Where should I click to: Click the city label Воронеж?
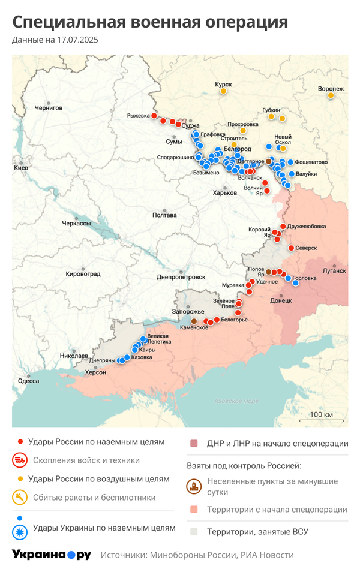click(x=331, y=89)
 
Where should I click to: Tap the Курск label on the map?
click(x=223, y=85)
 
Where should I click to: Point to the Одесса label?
click(x=28, y=381)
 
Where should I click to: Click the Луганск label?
click(x=334, y=270)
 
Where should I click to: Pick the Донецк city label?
click(x=281, y=300)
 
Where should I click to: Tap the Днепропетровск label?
click(x=181, y=278)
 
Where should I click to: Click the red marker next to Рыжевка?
click(x=154, y=116)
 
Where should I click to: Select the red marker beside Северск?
click(x=291, y=248)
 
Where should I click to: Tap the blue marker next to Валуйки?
click(x=292, y=174)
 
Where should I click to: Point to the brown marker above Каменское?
click(x=194, y=321)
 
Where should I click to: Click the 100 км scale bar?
click(x=321, y=419)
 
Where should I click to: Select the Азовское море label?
click(x=236, y=401)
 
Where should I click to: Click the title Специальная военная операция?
click(x=150, y=22)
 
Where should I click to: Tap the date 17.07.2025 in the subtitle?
click(x=77, y=40)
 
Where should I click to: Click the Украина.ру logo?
click(x=52, y=555)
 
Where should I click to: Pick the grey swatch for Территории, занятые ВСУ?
click(x=194, y=531)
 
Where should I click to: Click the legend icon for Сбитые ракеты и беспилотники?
click(x=20, y=497)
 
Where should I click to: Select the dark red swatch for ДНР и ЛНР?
click(x=194, y=444)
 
